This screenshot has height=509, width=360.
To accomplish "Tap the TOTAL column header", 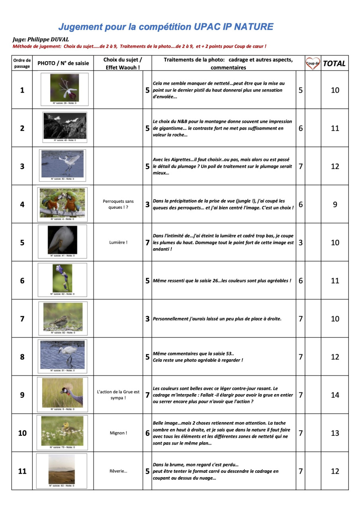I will (x=334, y=63).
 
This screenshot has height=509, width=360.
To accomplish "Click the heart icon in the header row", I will (x=313, y=63).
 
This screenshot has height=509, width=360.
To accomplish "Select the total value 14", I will (x=335, y=395).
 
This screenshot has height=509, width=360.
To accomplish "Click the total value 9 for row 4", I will (x=335, y=204).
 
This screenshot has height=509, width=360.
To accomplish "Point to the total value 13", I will (x=335, y=433).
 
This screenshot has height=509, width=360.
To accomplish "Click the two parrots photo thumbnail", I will (x=62, y=202).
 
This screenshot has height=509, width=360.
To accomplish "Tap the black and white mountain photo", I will (x=64, y=125).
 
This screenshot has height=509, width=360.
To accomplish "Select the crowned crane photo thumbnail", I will (x=63, y=392).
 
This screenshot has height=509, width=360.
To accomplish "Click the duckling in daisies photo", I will (x=62, y=431).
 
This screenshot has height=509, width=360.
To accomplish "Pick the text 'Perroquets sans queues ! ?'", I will (x=118, y=204).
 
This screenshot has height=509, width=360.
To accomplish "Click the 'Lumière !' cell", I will (x=118, y=242).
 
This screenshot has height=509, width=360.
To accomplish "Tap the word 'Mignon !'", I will (x=118, y=433).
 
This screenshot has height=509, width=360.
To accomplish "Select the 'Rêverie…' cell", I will (x=118, y=471).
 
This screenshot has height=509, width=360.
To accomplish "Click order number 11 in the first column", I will (x=22, y=471).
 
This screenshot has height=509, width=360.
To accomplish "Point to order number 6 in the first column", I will (x=22, y=280).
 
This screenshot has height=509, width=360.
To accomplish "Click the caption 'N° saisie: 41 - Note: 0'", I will (x=62, y=256).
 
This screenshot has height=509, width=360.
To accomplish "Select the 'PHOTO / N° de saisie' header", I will (x=63, y=63).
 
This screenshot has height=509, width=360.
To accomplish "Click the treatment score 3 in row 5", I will (x=300, y=242).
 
